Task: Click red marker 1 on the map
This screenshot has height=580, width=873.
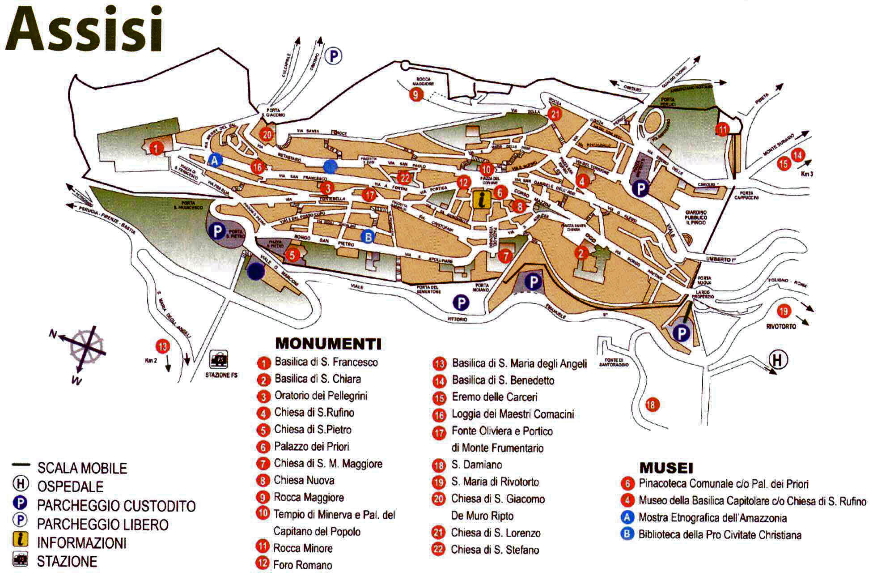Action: tap(156, 148)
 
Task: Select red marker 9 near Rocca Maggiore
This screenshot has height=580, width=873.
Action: tap(416, 94)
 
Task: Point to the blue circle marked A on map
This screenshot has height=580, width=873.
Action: tap(215, 160)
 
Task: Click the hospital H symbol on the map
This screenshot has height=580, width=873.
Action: tap(778, 359)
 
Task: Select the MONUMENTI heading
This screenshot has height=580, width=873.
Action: tap(328, 343)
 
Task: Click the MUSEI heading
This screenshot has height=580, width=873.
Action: tap(666, 468)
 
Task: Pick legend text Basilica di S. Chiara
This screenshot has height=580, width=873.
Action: tap(318, 379)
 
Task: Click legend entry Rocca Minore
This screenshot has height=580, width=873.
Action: tap(303, 548)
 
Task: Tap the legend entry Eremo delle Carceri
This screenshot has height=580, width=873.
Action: tap(494, 397)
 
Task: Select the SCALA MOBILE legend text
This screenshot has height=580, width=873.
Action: tap(82, 468)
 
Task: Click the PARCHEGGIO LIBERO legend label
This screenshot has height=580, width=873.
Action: tap(102, 525)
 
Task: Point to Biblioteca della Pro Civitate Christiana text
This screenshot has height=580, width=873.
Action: tap(720, 535)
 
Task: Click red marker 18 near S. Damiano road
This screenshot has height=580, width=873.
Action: tap(652, 405)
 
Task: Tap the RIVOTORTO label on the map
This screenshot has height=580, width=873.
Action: tap(781, 326)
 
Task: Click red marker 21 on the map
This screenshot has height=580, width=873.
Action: tap(555, 114)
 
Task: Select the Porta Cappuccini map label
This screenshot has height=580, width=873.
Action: tap(746, 196)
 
